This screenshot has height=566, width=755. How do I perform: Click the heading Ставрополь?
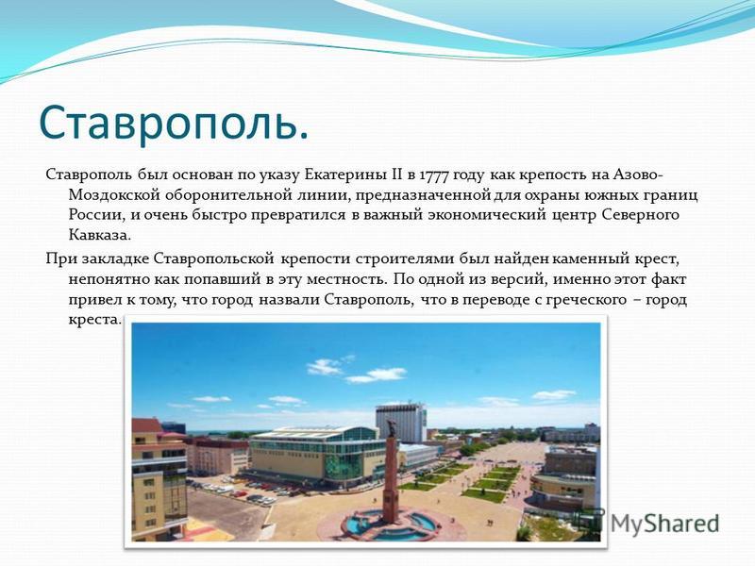coord(174,123)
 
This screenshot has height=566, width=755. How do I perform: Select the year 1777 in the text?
coord(434,175)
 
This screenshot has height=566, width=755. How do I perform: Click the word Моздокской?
coord(114,195)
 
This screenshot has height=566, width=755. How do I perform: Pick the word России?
coord(96,215)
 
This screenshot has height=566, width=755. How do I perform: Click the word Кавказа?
coord(100,236)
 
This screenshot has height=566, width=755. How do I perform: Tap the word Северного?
coord(641,215)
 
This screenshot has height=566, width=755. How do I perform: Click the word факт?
coord(669,278)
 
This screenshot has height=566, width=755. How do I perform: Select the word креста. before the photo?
coord(94,320)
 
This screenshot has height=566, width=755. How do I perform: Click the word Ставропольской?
coord(214,258)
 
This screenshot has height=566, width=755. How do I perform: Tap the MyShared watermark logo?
coord(646,523)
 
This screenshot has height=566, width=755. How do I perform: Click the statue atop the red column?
coord(391,427)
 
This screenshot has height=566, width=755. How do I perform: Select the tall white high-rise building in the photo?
coord(400,423)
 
